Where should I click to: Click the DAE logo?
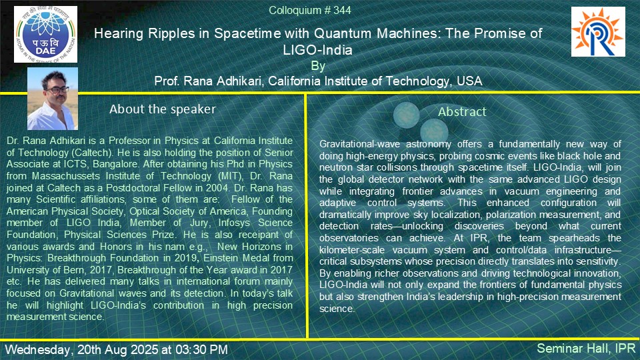point(46,34)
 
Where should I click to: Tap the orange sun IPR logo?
point(598,31)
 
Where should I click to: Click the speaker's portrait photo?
point(53,99)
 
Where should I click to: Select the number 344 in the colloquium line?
point(342,10)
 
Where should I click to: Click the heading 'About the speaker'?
point(163,109)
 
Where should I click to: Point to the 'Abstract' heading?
point(462,111)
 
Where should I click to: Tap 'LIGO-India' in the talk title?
point(317,50)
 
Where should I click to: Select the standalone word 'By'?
point(318,66)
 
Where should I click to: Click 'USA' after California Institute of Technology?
point(469,81)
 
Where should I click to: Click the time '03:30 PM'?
point(201,350)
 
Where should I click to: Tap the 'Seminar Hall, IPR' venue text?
point(586,349)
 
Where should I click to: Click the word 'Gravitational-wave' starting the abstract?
point(359,144)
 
